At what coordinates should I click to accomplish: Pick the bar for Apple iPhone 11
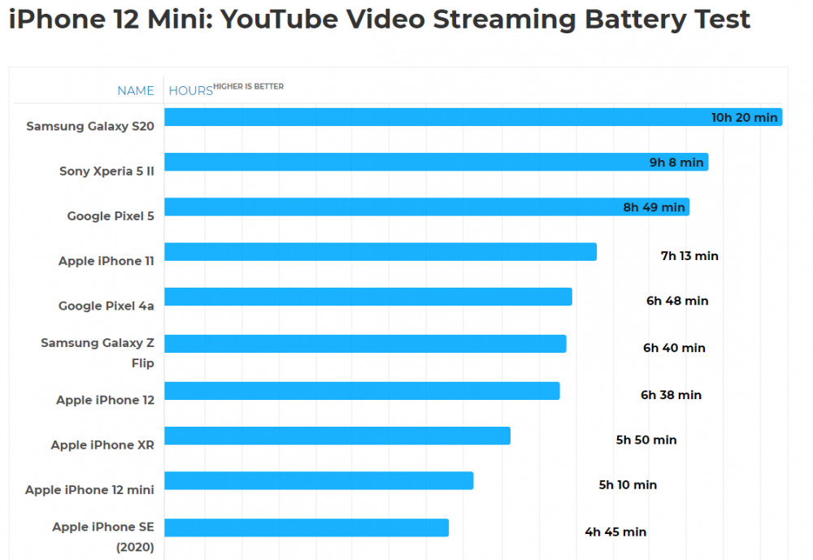tap(380, 252)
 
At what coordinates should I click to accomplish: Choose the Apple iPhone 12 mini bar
tap(319, 480)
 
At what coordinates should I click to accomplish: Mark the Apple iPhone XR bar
tap(337, 436)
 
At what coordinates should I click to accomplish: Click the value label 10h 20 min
tap(744, 118)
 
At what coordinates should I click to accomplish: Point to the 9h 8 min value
tap(676, 163)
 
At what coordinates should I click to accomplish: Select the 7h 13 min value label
tap(689, 256)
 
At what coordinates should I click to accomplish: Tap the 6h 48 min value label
tap(677, 301)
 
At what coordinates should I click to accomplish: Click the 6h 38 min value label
tap(671, 395)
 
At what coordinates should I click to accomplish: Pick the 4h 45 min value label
tap(615, 532)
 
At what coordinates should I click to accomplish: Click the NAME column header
tap(136, 91)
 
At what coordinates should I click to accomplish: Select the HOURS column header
tap(190, 91)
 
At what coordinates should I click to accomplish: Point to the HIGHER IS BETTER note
tap(249, 87)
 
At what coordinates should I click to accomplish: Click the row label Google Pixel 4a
tap(106, 306)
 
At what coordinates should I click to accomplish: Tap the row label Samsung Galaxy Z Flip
tap(98, 353)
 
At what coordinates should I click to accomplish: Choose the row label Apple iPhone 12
tap(105, 400)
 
